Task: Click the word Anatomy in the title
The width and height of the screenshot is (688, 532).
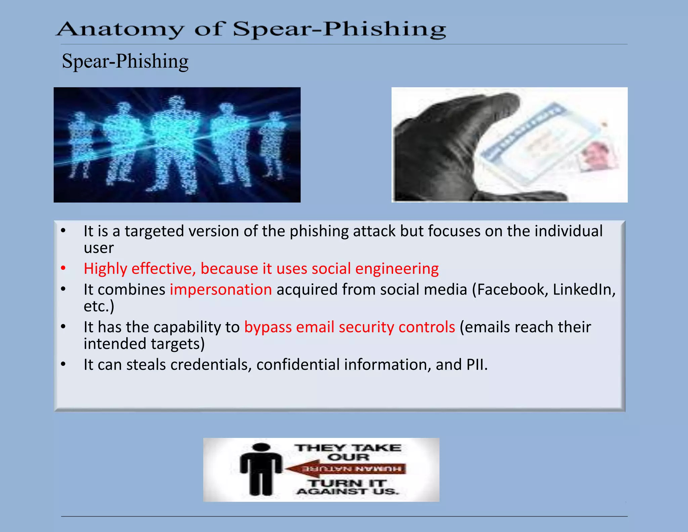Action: tap(120, 30)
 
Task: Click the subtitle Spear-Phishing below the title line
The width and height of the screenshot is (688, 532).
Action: tap(125, 62)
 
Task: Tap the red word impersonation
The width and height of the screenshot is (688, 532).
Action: tap(221, 290)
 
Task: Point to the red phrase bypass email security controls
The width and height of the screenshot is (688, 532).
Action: tap(349, 327)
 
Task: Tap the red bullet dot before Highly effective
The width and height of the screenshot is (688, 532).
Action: tap(63, 269)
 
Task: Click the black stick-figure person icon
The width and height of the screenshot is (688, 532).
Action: tap(261, 469)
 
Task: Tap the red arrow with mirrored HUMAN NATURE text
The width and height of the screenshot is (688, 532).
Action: tap(346, 469)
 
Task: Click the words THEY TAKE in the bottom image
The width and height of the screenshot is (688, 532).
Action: tap(348, 448)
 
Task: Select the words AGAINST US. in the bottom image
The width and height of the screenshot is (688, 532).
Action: tap(348, 492)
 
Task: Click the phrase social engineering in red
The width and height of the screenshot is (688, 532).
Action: tap(375, 269)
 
